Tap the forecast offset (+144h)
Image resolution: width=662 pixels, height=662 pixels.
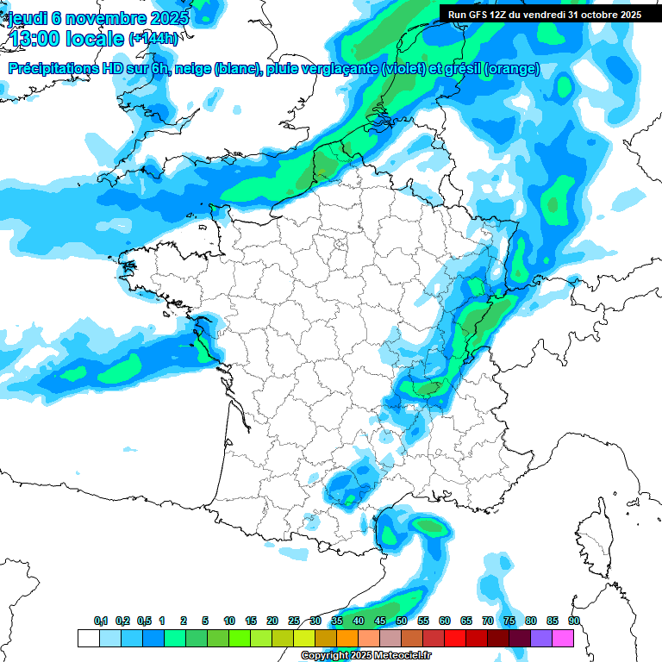(153, 39)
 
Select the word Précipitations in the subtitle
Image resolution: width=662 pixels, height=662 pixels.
(52, 69)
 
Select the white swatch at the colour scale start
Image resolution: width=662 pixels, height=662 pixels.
(88, 639)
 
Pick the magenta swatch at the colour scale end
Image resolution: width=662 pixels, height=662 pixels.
(564, 639)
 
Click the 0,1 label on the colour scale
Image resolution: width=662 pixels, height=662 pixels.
(101, 621)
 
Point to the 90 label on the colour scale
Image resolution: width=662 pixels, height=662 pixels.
(573, 621)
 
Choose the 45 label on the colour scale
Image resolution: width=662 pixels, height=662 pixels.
(380, 621)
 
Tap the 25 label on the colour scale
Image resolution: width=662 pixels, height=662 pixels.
(294, 621)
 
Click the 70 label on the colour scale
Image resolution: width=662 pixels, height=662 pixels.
(488, 621)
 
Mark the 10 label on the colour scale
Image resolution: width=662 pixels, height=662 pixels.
(229, 621)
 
